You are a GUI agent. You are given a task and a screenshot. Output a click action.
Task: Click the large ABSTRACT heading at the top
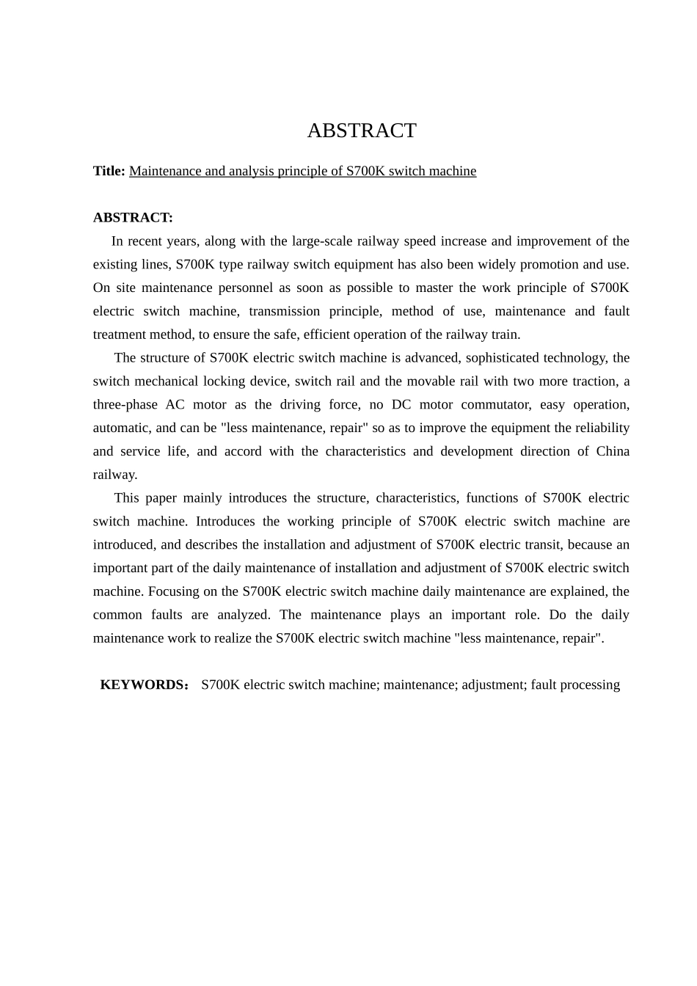pos(361,131)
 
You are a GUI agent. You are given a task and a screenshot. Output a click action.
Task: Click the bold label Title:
pos(109,171)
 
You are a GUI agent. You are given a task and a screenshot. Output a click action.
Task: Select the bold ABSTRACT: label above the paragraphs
pos(133,218)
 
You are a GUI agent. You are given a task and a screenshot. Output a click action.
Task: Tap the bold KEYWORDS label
pos(142,684)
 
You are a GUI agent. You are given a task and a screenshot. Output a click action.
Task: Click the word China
pos(613,451)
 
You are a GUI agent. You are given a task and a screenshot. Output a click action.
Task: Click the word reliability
pos(597,428)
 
